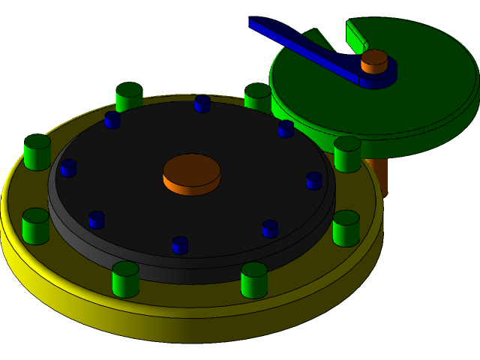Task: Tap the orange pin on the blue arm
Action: (374, 61)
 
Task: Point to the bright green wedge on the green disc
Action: (355, 34)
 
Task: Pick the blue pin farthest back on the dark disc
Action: (202, 103)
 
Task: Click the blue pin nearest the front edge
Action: (180, 245)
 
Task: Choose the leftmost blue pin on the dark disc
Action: (68, 168)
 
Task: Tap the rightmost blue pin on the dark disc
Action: (314, 181)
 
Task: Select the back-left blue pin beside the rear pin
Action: (112, 120)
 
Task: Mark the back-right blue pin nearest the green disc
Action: (286, 129)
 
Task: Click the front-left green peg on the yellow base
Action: (125, 279)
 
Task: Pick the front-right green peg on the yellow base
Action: (254, 280)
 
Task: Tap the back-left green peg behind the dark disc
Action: (129, 96)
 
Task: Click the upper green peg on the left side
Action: (37, 152)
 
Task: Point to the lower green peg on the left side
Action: (35, 226)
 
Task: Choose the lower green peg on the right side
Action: (346, 228)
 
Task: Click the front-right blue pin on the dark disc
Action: (270, 229)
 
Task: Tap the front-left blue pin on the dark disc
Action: (97, 220)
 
